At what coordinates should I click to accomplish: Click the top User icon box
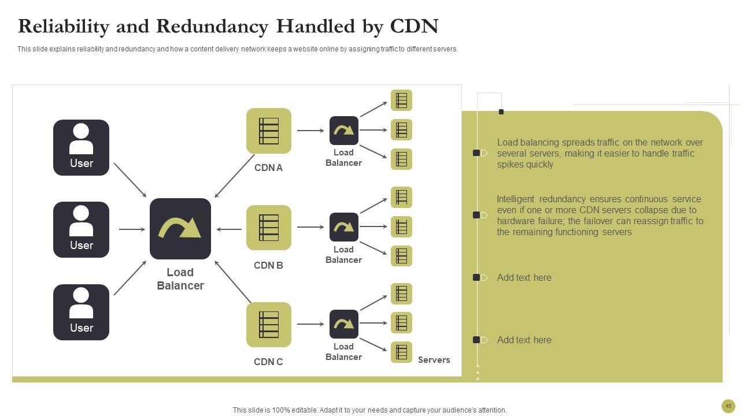point(81,147)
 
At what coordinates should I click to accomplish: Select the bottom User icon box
point(81,312)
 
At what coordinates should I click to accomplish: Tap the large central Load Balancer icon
point(180,229)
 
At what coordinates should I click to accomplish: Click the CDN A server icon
point(269,131)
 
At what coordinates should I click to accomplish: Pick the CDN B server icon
point(269,228)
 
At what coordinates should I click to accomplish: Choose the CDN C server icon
point(269,325)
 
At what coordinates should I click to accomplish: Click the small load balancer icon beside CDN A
point(344,131)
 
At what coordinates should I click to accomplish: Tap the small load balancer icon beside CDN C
point(344,324)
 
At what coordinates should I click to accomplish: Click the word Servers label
point(434,360)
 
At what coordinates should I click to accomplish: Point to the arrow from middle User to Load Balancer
point(132,229)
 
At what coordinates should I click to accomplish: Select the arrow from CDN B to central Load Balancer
point(229,229)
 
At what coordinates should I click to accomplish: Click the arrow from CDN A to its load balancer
point(310,131)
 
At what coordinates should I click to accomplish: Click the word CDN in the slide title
point(414,27)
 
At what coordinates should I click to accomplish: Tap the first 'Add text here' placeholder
point(524,277)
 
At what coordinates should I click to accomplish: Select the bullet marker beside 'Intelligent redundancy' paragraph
point(477,215)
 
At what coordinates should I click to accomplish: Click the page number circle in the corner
point(728,406)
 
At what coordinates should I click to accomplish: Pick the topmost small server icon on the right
point(401,101)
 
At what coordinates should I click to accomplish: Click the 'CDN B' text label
point(268,266)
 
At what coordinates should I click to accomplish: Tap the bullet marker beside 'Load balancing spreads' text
point(477,153)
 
